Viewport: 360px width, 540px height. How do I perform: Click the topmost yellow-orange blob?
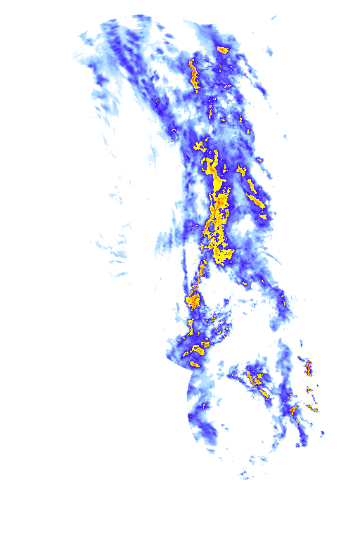[x=223, y=49]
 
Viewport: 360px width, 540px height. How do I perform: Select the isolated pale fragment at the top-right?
[x=267, y=51]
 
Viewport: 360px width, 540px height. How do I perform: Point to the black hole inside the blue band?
[x=246, y=226]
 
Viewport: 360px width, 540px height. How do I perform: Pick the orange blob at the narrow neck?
[x=193, y=301]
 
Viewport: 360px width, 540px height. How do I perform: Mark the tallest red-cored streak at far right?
[x=307, y=367]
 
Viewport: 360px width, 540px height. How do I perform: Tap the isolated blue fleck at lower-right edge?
[x=322, y=435]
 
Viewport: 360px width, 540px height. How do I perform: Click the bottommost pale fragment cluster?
[x=245, y=475]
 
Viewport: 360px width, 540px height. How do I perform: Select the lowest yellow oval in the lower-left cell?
[x=195, y=364]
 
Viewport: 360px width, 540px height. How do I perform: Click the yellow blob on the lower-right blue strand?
[x=293, y=409]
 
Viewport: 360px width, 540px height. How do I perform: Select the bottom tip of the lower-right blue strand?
[x=302, y=443]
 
